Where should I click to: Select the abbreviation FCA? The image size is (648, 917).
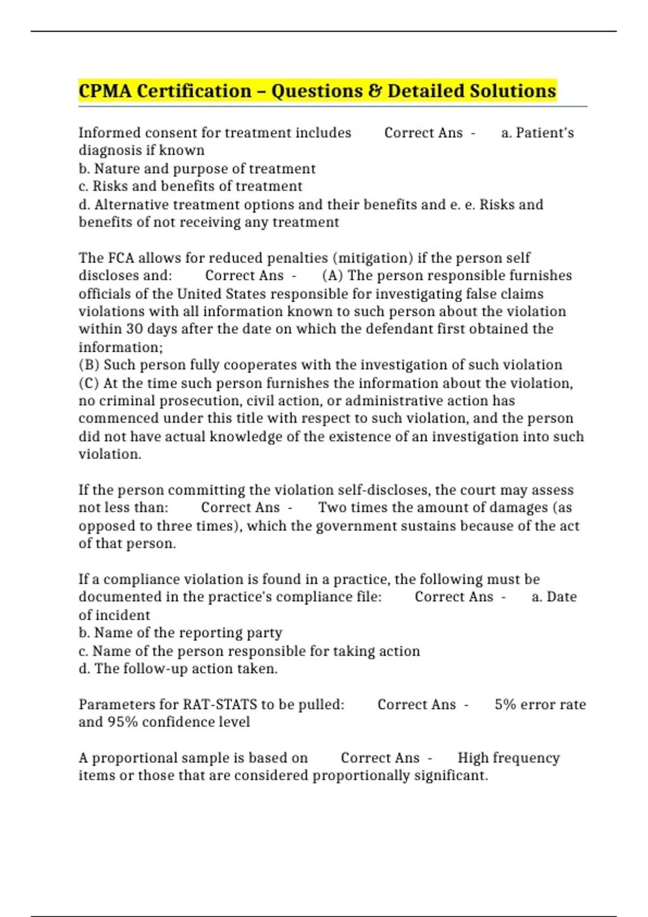122,258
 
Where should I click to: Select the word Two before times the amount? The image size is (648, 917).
332,508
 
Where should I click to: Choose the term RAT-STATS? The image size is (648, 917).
220,704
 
